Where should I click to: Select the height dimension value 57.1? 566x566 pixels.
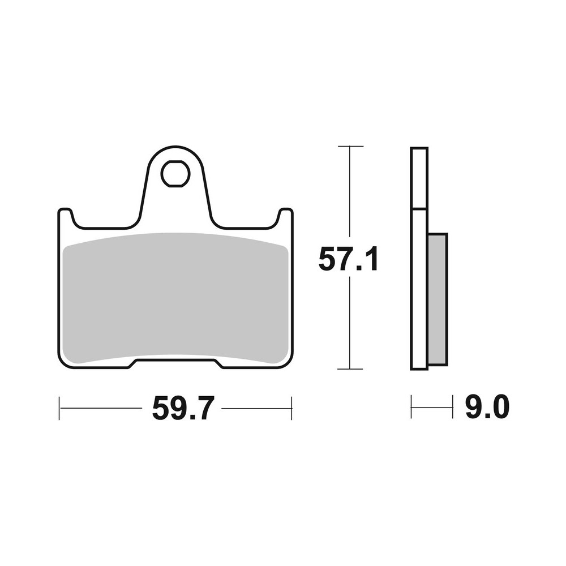pos(348,260)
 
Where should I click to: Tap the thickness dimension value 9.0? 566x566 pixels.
pos(487,408)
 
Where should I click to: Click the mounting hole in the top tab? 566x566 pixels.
pos(174,174)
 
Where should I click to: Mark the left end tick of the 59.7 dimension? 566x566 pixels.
pos(59,408)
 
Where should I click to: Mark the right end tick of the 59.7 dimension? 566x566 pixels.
pos(291,408)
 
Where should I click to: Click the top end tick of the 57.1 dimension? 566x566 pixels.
pos(350,146)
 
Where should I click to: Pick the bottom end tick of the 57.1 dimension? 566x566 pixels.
pos(350,369)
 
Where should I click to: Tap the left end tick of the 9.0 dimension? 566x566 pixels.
pos(411,407)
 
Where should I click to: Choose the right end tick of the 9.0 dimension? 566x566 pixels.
pos(453,407)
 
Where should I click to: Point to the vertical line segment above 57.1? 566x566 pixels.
pos(350,192)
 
